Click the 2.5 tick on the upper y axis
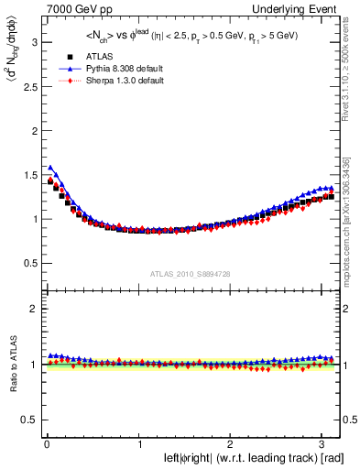click(x=27, y=86)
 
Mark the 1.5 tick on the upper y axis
click(x=27, y=175)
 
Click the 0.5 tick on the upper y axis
click(x=27, y=263)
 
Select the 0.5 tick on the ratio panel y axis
click(x=27, y=420)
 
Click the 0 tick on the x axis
click(x=46, y=443)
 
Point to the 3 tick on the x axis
click(x=325, y=443)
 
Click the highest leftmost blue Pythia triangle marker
click(x=50, y=168)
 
